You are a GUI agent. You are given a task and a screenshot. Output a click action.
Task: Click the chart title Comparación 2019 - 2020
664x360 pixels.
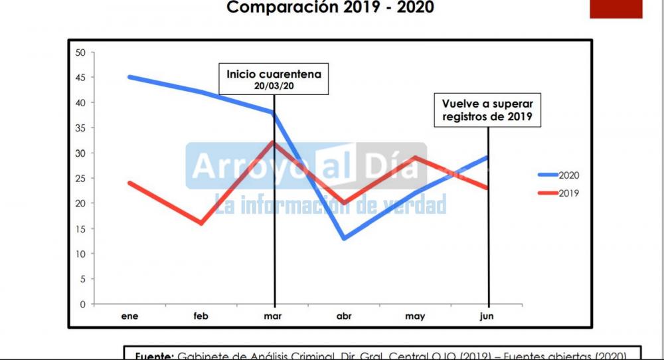pyautogui.click(x=331, y=8)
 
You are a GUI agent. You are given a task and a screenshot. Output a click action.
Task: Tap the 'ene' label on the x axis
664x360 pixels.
pyautogui.click(x=129, y=316)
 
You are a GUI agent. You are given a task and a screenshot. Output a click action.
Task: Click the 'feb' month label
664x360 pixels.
pyautogui.click(x=201, y=316)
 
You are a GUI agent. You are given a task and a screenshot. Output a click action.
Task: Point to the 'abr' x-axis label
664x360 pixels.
pyautogui.click(x=344, y=316)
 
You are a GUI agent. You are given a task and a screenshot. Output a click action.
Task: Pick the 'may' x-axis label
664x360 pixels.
pyautogui.click(x=415, y=316)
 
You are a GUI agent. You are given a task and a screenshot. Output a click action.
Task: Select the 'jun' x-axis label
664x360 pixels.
pyautogui.click(x=487, y=316)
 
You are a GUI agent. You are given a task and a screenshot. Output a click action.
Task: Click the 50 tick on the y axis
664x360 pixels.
pyautogui.click(x=81, y=52)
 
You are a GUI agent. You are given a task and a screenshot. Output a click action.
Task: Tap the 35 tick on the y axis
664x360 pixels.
pyautogui.click(x=81, y=128)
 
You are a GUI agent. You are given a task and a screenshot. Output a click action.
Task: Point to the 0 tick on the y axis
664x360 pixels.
pyautogui.click(x=83, y=304)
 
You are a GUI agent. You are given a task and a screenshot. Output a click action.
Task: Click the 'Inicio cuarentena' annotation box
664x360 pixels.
pyautogui.click(x=274, y=79)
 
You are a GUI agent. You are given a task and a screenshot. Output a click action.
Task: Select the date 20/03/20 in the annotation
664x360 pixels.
pyautogui.click(x=274, y=86)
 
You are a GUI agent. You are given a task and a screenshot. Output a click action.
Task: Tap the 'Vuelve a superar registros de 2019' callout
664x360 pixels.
pyautogui.click(x=488, y=110)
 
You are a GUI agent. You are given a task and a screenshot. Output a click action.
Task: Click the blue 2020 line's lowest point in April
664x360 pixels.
pyautogui.click(x=344, y=238)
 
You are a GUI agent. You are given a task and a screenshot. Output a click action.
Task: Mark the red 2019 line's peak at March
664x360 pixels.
pyautogui.click(x=273, y=142)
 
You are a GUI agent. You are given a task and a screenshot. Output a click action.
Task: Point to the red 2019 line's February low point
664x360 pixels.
pyautogui.click(x=201, y=223)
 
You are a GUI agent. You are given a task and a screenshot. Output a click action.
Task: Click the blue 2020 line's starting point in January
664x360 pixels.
pyautogui.click(x=129, y=77)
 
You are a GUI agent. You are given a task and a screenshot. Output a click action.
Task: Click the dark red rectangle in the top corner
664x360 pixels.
pyautogui.click(x=616, y=9)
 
